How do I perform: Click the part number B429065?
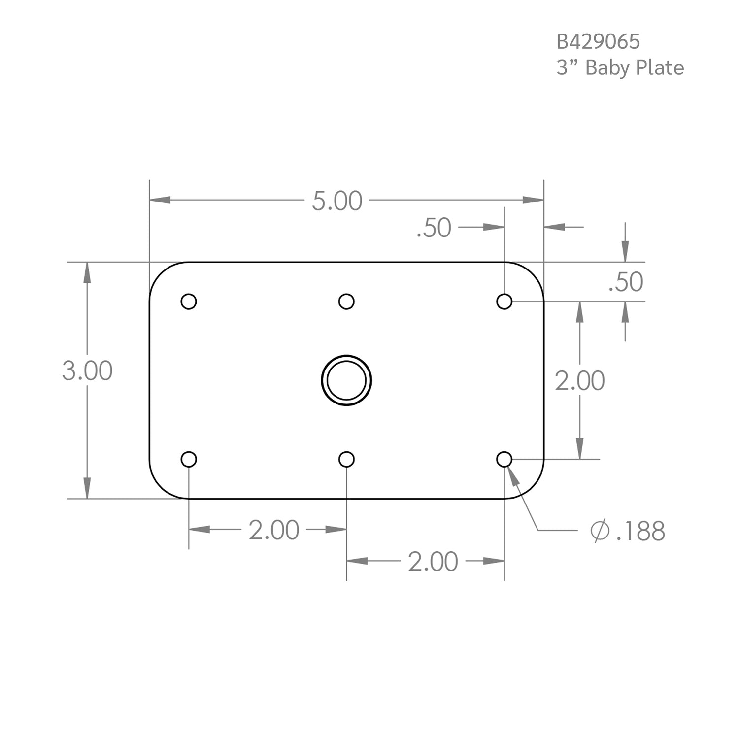point(598,42)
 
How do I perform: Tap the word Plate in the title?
point(660,67)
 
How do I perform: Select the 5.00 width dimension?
point(337,201)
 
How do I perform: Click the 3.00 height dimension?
point(87,370)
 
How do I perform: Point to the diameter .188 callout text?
point(640,531)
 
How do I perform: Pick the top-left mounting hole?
point(189,301)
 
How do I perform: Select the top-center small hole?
point(346,301)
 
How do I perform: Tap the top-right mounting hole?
point(504,301)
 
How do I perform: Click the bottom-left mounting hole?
point(189,459)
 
